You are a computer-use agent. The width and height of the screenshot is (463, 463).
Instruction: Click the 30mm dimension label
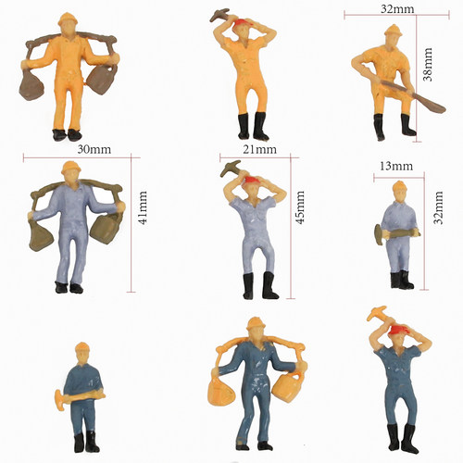[x=94, y=149]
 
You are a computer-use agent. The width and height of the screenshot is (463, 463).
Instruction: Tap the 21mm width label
[x=259, y=149]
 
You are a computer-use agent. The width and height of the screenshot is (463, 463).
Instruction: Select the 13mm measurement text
[x=396, y=167]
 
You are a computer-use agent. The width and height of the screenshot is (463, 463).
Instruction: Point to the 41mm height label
[x=143, y=207]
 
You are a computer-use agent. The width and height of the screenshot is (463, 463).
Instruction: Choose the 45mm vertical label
[x=300, y=207]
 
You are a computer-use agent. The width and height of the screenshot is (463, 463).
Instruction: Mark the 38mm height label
[x=428, y=65]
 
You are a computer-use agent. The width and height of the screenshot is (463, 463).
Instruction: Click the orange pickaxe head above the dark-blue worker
[x=376, y=312]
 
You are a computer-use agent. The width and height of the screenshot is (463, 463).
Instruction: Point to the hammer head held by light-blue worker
[x=379, y=234]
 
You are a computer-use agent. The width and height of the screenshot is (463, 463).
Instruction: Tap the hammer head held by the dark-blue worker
[x=59, y=400]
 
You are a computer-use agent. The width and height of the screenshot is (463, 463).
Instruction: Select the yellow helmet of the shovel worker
[x=394, y=30]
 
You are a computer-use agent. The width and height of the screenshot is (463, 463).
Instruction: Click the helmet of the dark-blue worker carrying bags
[x=256, y=323]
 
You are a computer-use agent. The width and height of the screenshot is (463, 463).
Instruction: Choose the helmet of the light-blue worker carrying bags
[x=71, y=167]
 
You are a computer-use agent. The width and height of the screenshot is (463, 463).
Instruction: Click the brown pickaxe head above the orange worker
[x=219, y=15]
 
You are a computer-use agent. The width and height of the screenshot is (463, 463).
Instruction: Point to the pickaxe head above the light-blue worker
[x=230, y=169]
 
